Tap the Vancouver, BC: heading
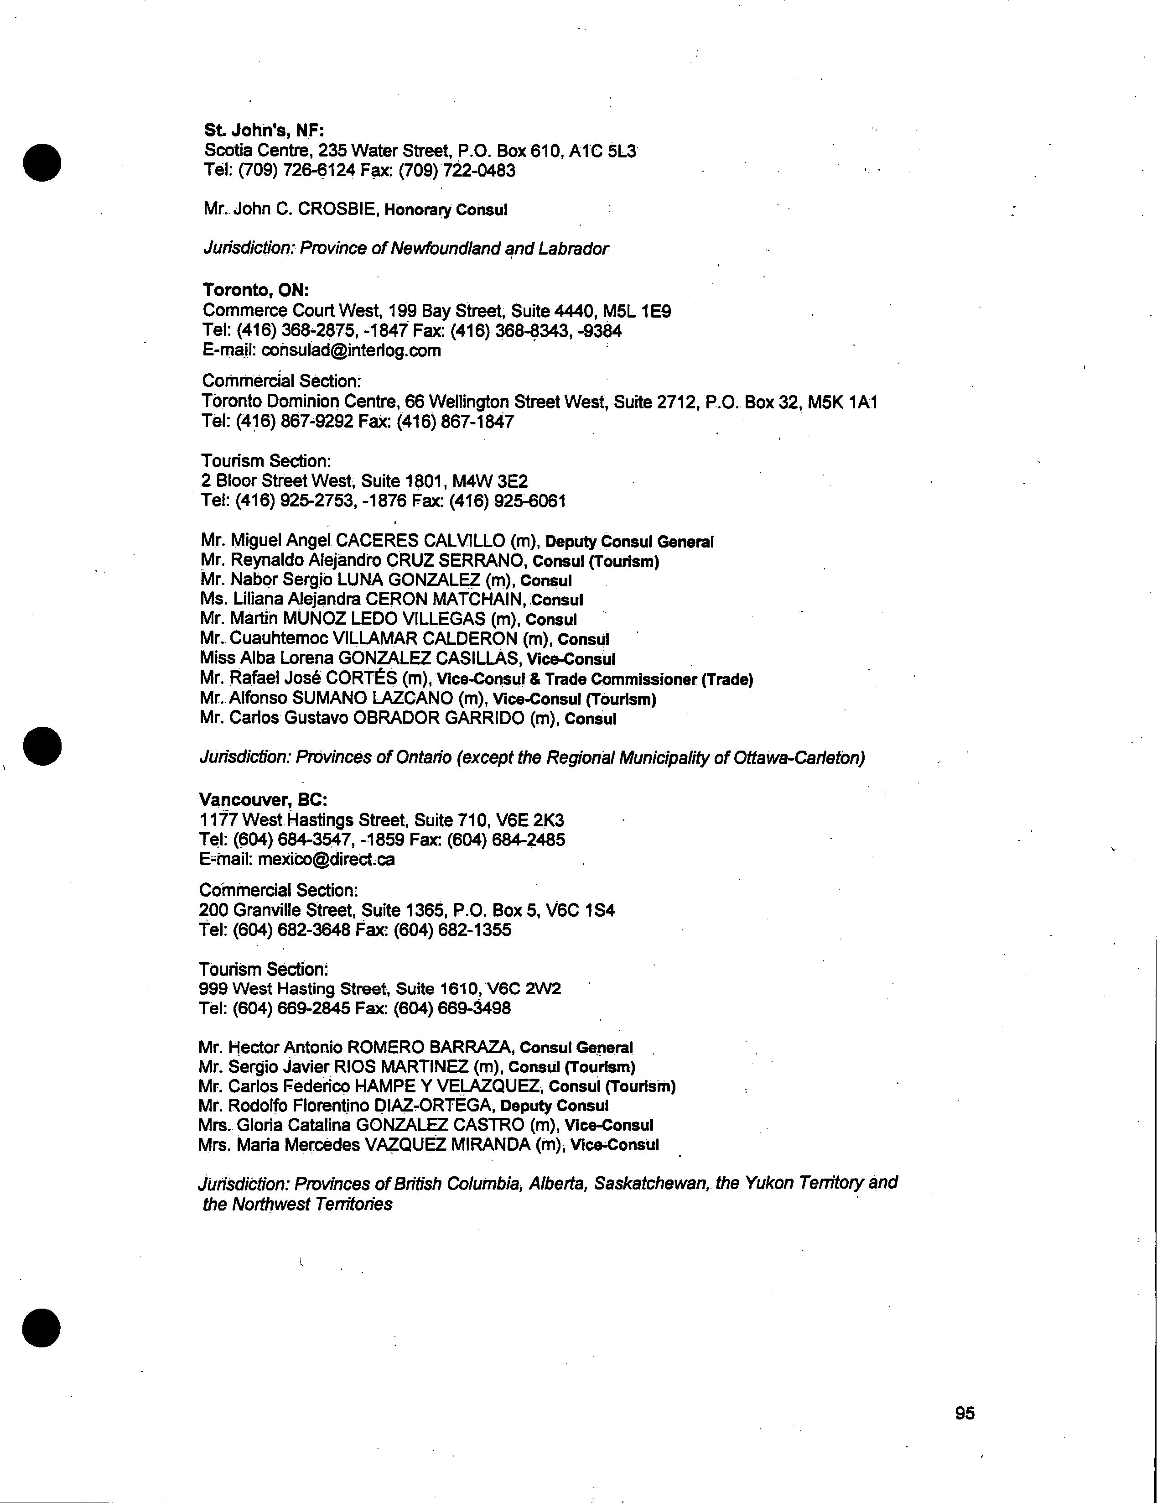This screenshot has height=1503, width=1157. pos(263,800)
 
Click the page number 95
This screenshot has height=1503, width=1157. pos(965,1413)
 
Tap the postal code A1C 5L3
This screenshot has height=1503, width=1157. pos(602,150)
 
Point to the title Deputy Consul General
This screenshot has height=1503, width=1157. pos(629,542)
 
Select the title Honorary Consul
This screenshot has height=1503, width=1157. pos(446,210)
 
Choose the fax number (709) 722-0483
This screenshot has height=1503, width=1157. pos(457,170)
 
